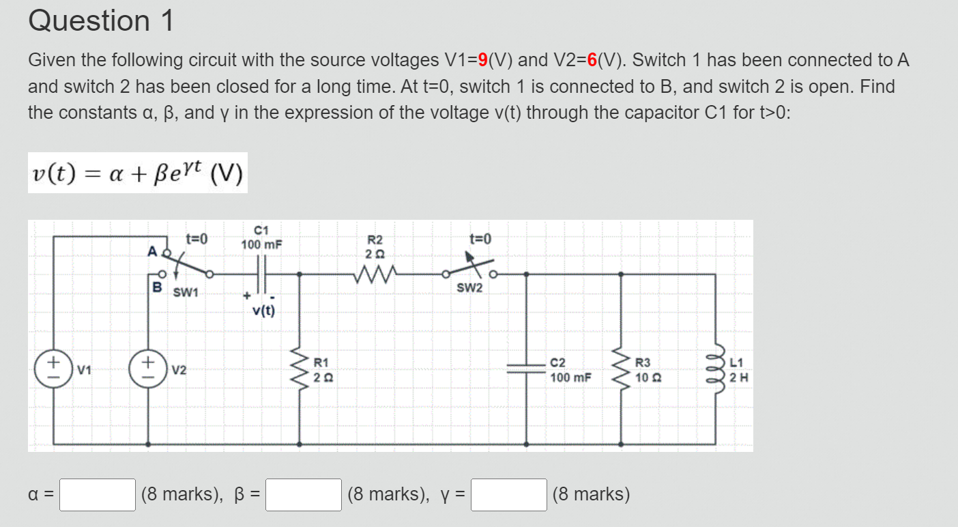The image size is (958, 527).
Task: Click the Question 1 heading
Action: click(101, 21)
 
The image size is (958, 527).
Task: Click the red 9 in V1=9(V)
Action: click(482, 61)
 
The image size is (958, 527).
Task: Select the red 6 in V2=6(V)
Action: click(592, 61)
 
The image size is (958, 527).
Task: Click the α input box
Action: click(97, 495)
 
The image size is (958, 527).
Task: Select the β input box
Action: click(304, 495)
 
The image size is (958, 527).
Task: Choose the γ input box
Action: click(508, 495)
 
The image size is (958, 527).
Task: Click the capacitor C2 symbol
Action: click(526, 369)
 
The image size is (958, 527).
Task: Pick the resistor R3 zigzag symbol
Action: click(621, 369)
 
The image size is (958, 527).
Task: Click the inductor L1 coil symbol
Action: click(716, 369)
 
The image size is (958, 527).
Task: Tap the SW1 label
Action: click(185, 293)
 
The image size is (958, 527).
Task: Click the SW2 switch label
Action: click(469, 288)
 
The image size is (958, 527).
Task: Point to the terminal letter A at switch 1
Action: click(152, 251)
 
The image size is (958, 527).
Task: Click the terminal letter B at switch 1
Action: click(157, 287)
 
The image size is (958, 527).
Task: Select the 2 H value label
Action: click(739, 377)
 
